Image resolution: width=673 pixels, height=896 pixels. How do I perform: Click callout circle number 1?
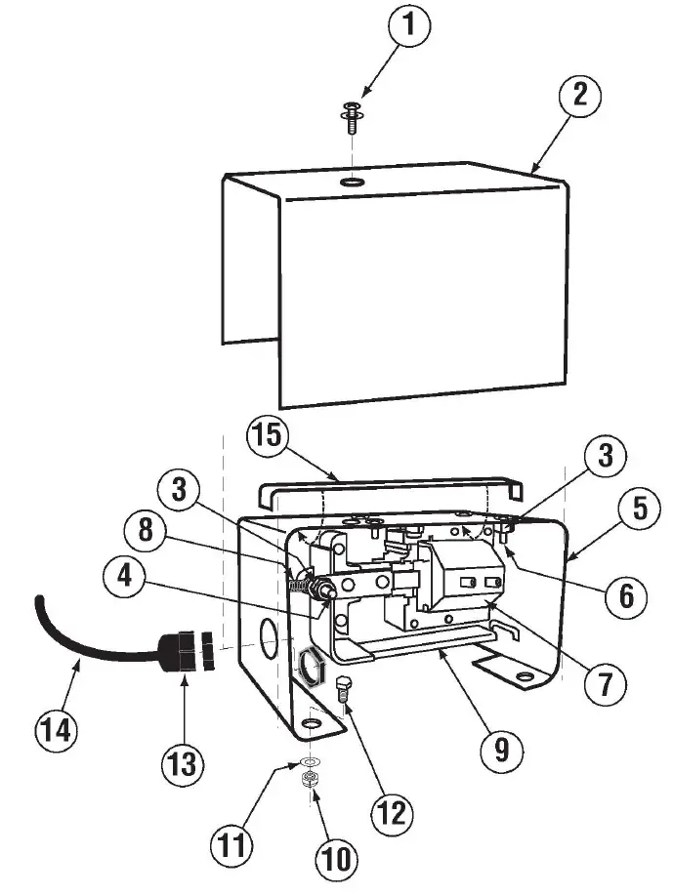[x=409, y=26]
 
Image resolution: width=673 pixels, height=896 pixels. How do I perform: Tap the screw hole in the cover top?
[x=349, y=183]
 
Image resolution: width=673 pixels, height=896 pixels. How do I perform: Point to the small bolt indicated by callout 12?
[x=344, y=688]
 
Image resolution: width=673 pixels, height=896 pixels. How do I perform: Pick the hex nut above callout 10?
[x=311, y=778]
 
